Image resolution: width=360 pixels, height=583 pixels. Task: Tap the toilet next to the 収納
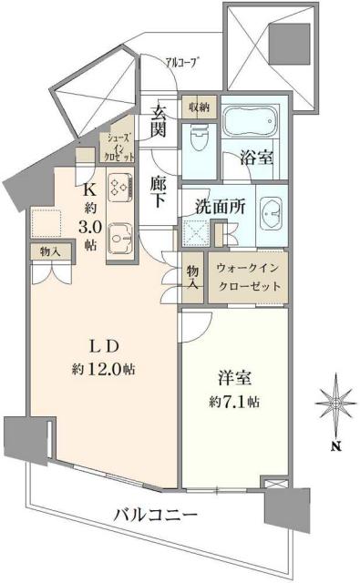tap(201, 138)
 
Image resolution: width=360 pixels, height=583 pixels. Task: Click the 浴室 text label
tap(257, 158)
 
